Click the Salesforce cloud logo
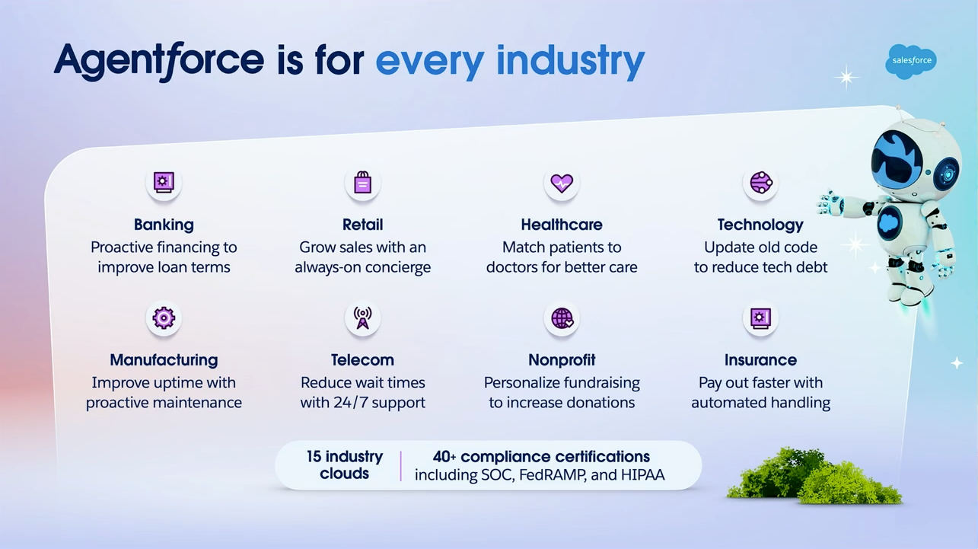coord(911,62)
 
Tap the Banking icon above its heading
coord(164,183)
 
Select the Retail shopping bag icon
coord(362,183)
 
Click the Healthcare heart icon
coord(562,183)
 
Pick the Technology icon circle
coord(760,183)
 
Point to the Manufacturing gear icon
coord(164,318)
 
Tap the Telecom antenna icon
coord(362,318)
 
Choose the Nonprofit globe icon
coord(562,318)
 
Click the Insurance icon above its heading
coord(760,318)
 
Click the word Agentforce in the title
coord(158,61)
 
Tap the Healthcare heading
coord(562,225)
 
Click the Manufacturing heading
coord(164,360)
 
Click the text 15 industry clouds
coord(344,465)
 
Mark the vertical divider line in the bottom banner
coord(400,465)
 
